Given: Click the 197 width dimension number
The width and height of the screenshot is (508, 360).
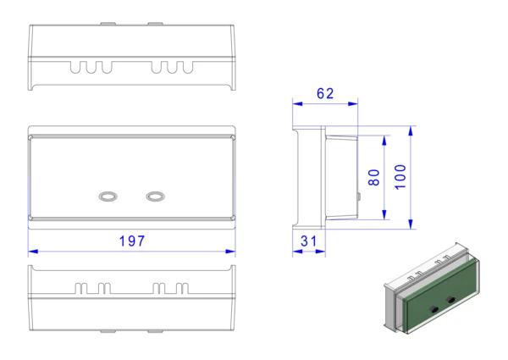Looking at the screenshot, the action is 132,241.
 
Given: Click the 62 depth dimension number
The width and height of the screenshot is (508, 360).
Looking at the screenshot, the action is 325,94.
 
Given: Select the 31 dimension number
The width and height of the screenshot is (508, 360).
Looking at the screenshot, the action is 308,241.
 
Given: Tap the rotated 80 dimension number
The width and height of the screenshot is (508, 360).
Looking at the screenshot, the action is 374,177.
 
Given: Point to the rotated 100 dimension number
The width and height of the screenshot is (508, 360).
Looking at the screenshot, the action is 400,177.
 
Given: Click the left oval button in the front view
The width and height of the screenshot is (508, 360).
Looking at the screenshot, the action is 108,197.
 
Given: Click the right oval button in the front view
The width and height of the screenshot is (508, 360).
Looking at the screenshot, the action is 155,197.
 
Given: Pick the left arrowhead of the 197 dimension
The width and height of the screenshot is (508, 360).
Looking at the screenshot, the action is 33,252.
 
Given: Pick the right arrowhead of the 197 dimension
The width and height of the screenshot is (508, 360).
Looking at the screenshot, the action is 230,252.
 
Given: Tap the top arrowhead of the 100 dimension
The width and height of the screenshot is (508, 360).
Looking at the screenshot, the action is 411,131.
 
